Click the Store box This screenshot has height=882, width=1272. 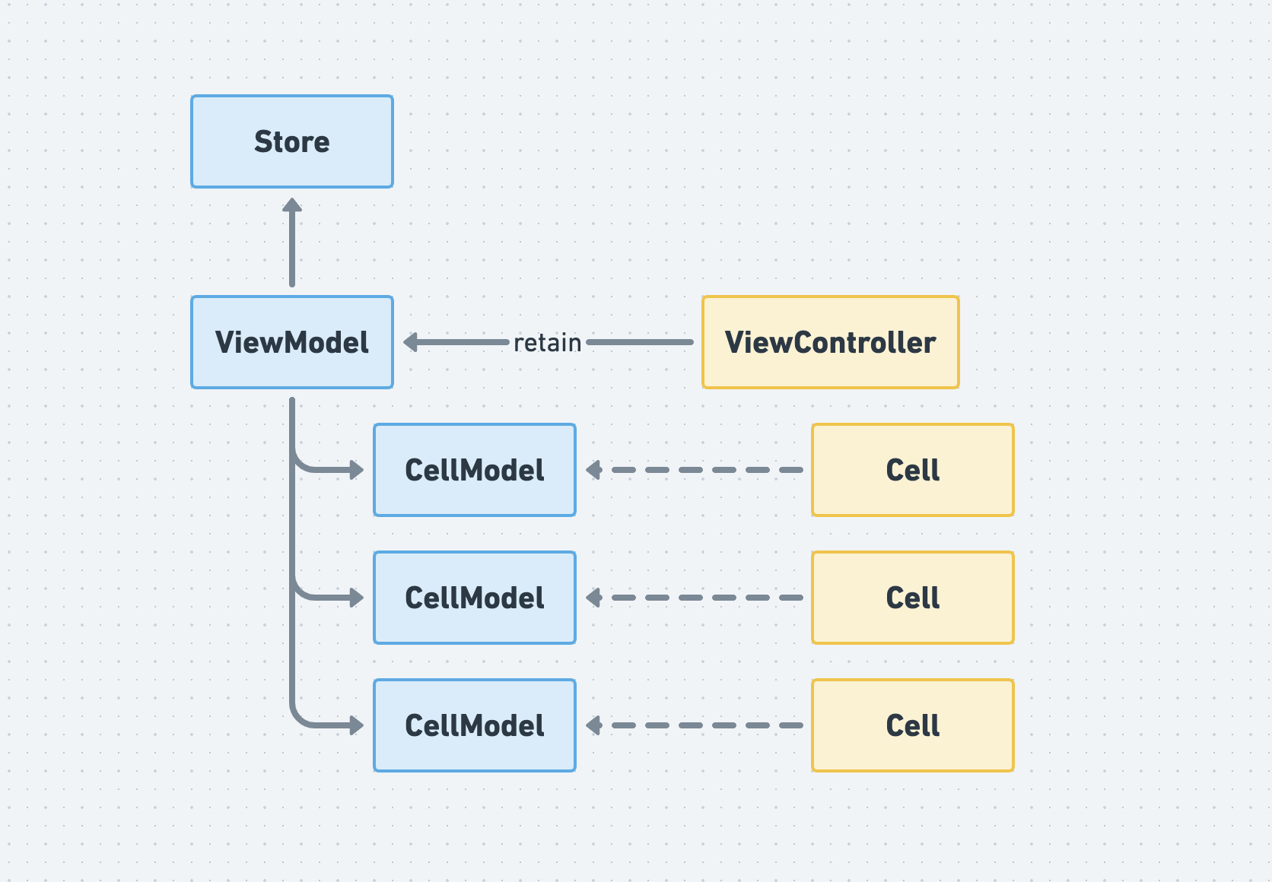292,141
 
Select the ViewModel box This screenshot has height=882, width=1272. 292,342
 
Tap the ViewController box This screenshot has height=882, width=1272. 831,342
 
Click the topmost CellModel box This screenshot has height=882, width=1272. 475,470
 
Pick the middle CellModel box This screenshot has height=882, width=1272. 475,598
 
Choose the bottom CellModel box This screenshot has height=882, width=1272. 475,725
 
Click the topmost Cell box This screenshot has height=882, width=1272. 913,470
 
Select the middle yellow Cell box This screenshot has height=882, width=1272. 913,598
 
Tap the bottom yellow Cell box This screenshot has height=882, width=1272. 913,725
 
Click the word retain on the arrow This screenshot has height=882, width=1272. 548,343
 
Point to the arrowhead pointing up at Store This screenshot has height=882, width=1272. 292,205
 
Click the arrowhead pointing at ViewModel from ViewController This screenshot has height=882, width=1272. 411,342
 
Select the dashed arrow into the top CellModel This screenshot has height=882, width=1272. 695,470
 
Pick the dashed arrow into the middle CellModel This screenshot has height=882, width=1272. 695,598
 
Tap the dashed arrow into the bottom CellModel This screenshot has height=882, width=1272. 695,725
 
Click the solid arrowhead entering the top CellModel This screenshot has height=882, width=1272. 357,470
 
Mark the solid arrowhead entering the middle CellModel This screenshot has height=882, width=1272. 357,598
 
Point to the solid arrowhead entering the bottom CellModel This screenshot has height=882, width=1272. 357,725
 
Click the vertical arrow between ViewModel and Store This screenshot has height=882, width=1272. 292,243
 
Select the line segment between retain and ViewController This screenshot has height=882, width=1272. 640,342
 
